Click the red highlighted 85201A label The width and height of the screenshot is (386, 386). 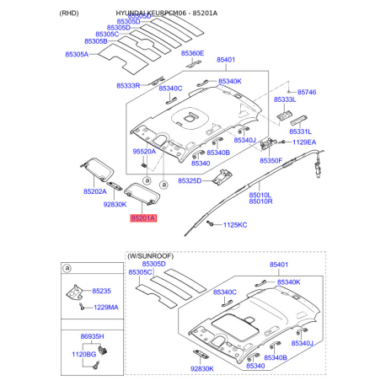pyautogui.click(x=142, y=217)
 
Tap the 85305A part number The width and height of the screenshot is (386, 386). pyautogui.click(x=77, y=54)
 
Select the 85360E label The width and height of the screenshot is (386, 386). pyautogui.click(x=192, y=54)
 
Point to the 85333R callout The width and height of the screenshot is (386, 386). pyautogui.click(x=129, y=85)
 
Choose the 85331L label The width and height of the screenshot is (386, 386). pyautogui.click(x=301, y=131)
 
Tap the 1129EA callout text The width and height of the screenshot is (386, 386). pyautogui.click(x=305, y=144)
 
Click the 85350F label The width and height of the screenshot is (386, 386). pyautogui.click(x=271, y=160)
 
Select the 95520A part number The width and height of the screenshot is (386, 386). pyautogui.click(x=144, y=151)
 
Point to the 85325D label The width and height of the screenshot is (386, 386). pyautogui.click(x=190, y=181)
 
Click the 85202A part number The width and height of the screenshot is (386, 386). pyautogui.click(x=94, y=191)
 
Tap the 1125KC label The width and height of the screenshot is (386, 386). pyautogui.click(x=235, y=225)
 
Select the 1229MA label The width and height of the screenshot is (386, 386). pyautogui.click(x=106, y=308)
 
